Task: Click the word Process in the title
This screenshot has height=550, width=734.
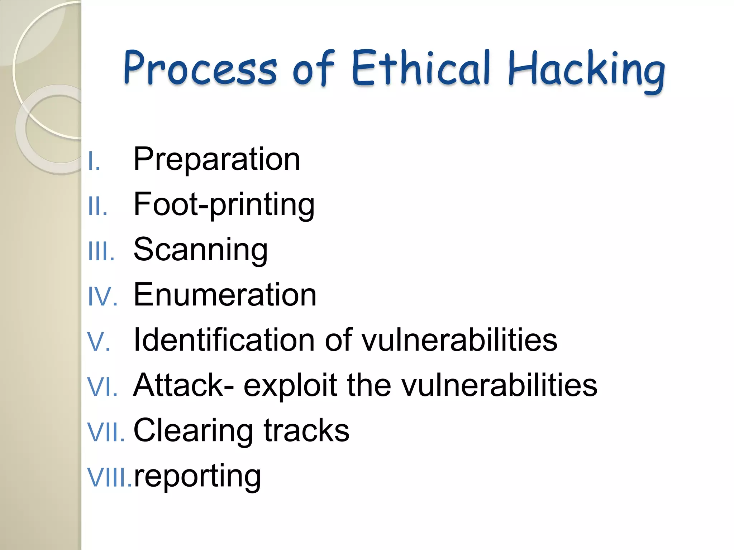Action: [200, 68]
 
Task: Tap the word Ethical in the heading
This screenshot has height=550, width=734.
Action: [421, 68]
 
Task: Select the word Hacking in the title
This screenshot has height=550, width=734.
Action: [586, 70]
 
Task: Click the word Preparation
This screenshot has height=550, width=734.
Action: [216, 159]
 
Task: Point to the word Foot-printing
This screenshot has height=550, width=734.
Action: [224, 205]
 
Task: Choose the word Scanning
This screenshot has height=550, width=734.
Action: [200, 250]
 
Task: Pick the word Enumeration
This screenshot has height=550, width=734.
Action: [225, 295]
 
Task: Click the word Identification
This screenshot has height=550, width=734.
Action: [224, 340]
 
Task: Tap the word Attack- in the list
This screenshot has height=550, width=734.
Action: [184, 385]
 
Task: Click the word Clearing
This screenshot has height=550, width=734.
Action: [192, 431]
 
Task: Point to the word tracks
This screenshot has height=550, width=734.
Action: [306, 430]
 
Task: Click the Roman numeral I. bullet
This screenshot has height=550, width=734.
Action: [94, 161]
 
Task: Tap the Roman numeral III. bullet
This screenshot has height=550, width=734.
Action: [101, 251]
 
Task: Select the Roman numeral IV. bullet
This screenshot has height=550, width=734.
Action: [102, 296]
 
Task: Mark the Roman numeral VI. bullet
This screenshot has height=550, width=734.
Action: [102, 387]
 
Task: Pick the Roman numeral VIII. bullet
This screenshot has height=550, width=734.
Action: [109, 478]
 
